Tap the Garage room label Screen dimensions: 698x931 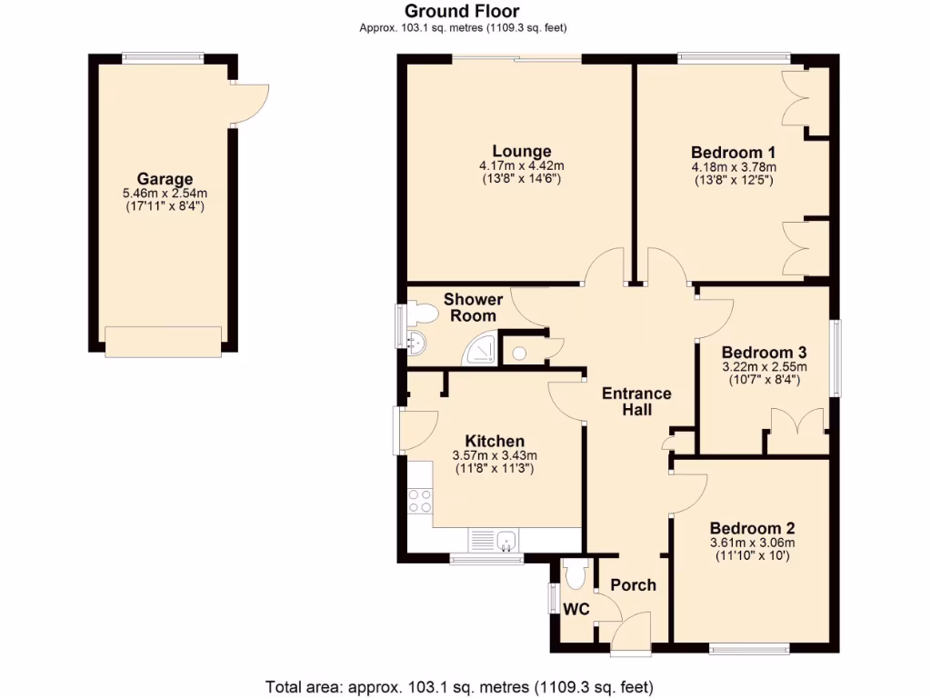click(x=165, y=179)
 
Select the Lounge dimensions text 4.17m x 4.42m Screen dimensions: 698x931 click(x=521, y=165)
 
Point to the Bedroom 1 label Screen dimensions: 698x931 click(x=733, y=152)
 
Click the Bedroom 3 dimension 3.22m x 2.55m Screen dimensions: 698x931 click(x=764, y=367)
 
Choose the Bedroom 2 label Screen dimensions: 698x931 click(x=752, y=528)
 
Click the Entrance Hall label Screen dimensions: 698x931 click(x=636, y=401)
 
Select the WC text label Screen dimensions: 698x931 click(x=575, y=608)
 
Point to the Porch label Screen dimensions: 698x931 click(x=633, y=584)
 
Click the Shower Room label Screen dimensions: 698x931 click(x=473, y=307)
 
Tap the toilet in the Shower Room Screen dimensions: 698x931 click(x=420, y=314)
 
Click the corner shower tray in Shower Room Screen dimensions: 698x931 click(x=479, y=348)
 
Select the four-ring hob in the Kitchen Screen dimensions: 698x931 click(x=420, y=501)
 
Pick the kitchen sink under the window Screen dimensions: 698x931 click(x=505, y=541)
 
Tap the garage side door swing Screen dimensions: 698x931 click(x=250, y=102)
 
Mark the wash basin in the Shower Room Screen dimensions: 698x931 click(x=415, y=343)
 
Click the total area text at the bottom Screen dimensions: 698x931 click(x=459, y=685)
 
